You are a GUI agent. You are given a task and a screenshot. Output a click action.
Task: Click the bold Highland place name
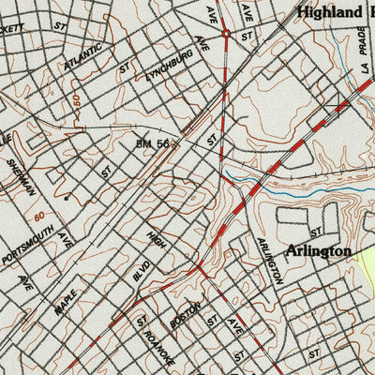tap(328, 12)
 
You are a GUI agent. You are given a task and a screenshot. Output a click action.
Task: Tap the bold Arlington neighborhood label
tap(320, 251)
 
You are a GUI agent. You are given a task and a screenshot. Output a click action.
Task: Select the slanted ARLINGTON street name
tap(269, 261)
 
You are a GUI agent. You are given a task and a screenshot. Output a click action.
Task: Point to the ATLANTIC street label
tap(83, 57)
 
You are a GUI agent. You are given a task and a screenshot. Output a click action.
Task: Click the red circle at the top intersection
tap(226, 35)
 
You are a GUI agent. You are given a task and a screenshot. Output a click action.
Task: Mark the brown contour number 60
tap(39, 217)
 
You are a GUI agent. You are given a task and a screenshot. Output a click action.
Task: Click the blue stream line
tap(253, 177)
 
